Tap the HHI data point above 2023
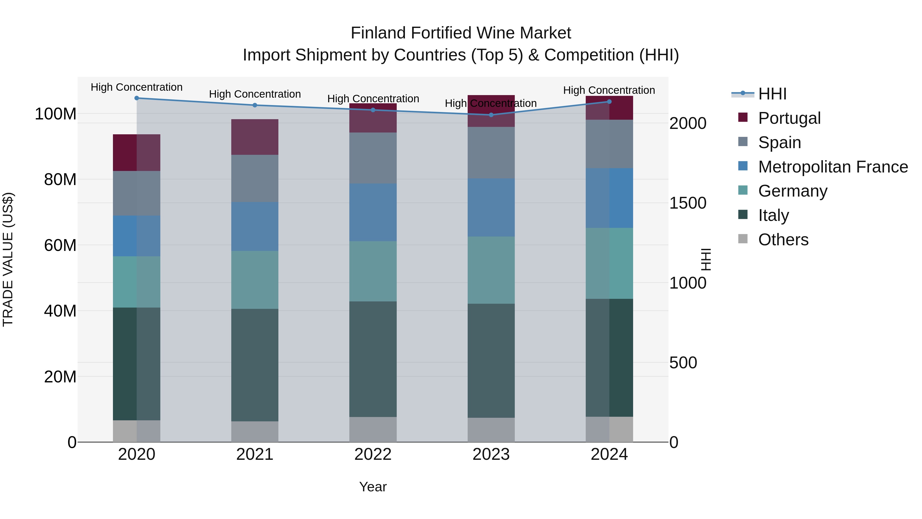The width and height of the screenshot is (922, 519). click(x=491, y=115)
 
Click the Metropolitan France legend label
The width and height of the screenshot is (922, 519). click(x=833, y=167)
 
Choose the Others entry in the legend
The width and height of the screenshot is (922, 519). click(x=783, y=240)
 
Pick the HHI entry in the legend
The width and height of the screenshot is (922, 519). click(x=772, y=94)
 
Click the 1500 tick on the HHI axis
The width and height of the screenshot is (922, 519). click(x=688, y=203)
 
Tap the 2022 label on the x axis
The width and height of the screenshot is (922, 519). click(x=373, y=454)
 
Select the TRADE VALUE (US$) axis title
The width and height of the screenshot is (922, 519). click(x=8, y=259)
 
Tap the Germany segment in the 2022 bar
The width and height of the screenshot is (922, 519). click(x=373, y=271)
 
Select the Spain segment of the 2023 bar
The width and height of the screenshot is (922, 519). click(x=491, y=153)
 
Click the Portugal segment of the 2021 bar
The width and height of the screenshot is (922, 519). click(x=255, y=137)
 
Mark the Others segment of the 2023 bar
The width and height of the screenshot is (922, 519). click(x=491, y=430)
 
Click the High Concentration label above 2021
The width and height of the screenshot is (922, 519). click(x=255, y=94)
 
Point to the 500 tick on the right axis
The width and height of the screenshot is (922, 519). click(x=683, y=363)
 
